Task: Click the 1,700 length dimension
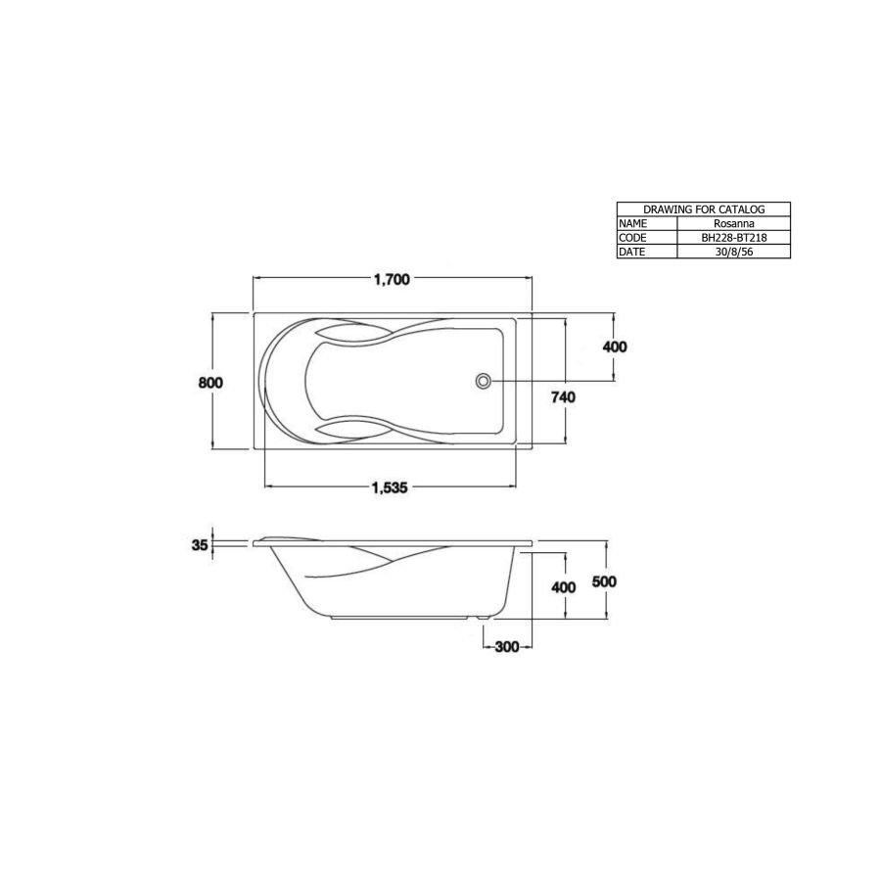tap(392, 279)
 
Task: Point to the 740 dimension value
tap(562, 396)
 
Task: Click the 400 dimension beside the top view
tap(616, 348)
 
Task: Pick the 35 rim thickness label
tap(201, 546)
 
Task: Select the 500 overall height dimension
tap(605, 580)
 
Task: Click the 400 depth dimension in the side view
tap(562, 587)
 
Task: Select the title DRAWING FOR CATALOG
tap(703, 209)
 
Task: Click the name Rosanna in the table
tap(733, 223)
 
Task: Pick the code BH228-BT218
tap(733, 237)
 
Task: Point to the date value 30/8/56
tap(733, 252)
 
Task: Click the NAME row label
tap(633, 223)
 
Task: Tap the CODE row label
tap(633, 237)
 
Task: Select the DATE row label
tap(633, 252)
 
